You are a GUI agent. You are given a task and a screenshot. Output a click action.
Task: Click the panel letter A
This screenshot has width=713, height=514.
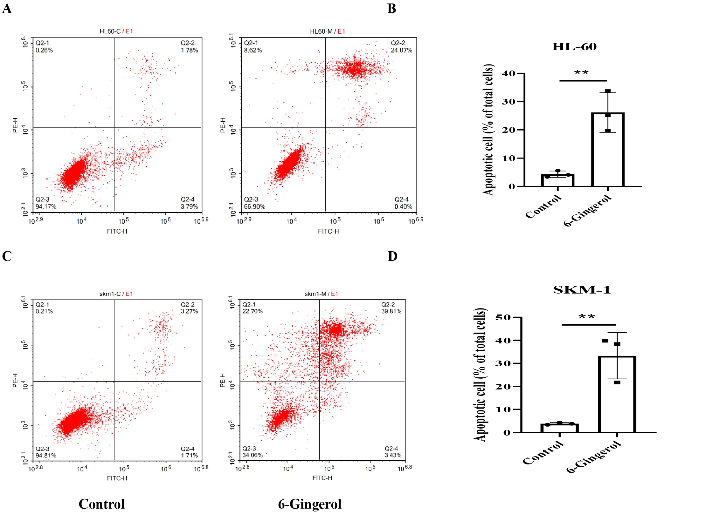point(7,9)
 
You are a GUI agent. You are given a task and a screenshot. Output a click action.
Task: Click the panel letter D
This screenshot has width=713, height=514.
point(392,256)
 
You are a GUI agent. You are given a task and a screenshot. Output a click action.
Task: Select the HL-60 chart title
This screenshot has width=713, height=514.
point(574,47)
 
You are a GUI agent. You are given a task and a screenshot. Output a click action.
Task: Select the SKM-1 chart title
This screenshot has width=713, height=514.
point(582,290)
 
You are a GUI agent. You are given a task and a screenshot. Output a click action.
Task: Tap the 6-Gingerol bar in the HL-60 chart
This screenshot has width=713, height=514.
point(608,149)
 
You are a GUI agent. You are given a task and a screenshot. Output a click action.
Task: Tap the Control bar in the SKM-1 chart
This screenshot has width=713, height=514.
point(559,428)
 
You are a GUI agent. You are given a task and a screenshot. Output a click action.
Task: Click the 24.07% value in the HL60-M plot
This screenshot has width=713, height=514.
point(401,50)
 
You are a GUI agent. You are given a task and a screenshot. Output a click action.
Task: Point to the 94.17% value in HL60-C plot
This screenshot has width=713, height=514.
point(46,206)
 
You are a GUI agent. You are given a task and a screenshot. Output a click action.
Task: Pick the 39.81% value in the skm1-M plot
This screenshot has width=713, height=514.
point(391,311)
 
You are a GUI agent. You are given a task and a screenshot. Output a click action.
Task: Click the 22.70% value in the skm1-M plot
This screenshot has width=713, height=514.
point(253,311)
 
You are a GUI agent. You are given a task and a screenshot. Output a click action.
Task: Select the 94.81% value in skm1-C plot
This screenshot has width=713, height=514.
point(46,455)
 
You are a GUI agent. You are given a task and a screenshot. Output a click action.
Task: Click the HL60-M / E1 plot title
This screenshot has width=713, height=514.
point(327,31)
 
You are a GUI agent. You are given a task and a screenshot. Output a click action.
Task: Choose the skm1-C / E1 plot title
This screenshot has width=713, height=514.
point(116,294)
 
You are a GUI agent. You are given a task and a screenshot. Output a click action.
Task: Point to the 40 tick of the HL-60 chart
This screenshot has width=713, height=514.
point(509,73)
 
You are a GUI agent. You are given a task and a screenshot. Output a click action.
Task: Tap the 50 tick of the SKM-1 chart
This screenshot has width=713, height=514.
point(503,317)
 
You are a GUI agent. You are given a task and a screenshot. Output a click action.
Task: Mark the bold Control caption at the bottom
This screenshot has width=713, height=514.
point(101,504)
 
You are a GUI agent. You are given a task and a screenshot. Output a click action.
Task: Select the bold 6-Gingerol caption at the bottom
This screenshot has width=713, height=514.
point(309,504)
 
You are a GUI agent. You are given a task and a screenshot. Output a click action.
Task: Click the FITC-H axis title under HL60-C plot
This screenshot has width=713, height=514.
point(117,231)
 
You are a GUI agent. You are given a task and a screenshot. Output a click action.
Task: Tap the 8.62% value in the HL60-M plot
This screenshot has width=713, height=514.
point(253,50)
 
